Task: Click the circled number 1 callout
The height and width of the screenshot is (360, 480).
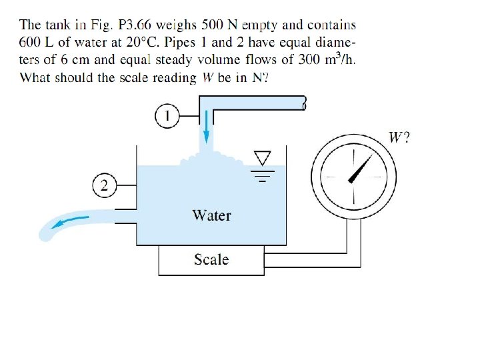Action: pyautogui.click(x=168, y=117)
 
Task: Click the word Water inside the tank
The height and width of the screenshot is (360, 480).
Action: pyautogui.click(x=211, y=215)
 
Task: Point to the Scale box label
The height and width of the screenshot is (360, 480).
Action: pyautogui.click(x=211, y=259)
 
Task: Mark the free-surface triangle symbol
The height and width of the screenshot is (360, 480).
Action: pyautogui.click(x=263, y=157)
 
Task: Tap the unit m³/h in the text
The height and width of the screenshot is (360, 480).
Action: pyautogui.click(x=339, y=59)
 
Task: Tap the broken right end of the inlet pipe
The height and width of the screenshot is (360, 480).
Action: pyautogui.click(x=304, y=103)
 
